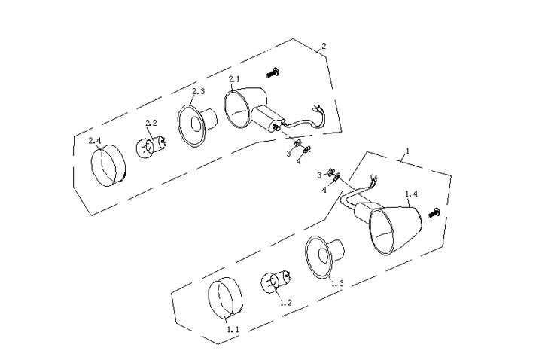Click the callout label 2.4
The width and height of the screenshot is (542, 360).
94,141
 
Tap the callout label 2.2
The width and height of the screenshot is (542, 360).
151,123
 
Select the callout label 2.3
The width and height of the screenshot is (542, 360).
199,91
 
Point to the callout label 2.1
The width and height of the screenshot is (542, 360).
234,79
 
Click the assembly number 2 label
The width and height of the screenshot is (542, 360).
324,46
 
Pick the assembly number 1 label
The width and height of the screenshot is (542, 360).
408,151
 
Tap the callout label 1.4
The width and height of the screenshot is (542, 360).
411,194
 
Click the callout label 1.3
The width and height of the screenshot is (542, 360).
337,284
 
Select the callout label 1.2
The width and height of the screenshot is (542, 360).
286,303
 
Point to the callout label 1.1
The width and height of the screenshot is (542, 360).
233,330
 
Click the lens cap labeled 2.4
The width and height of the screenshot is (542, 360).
108,165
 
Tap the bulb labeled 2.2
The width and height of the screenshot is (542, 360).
151,147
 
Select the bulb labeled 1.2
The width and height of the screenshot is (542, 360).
276,282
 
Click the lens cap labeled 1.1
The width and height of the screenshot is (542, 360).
225,297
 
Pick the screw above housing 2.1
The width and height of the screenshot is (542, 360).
273,72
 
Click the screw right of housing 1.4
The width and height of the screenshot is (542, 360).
434,212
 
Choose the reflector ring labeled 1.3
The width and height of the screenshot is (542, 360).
324,256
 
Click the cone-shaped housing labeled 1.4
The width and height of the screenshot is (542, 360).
395,230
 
